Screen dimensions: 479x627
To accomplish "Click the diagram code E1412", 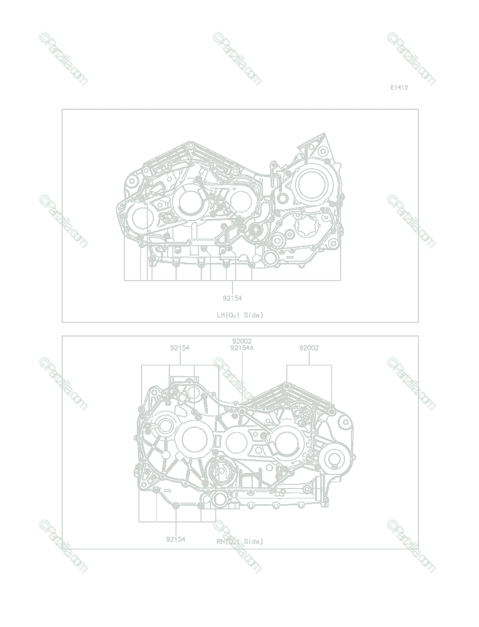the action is [x=399, y=88].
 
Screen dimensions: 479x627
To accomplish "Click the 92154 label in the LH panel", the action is [x=232, y=298].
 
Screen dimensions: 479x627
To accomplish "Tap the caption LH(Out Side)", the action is [x=240, y=315].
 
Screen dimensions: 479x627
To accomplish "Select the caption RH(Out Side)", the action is [x=240, y=542].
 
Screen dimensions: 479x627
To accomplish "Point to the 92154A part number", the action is [x=242, y=348].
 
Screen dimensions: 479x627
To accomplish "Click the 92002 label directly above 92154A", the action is [x=242, y=341].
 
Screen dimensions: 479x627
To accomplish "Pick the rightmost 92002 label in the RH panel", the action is [x=309, y=348].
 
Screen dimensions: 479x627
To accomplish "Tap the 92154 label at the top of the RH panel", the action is [x=180, y=348].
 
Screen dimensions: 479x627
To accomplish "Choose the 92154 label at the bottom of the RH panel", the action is [x=176, y=539].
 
